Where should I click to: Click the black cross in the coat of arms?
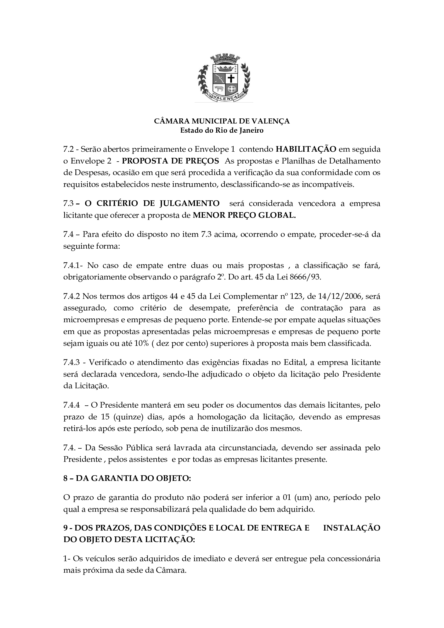pyautogui.click(x=231, y=79)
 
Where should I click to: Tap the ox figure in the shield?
pyautogui.click(x=219, y=89)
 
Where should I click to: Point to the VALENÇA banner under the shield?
pyautogui.click(x=224, y=97)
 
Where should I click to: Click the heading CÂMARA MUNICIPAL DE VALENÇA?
pyautogui.click(x=222, y=121)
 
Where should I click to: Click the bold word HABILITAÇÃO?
pyautogui.click(x=306, y=149)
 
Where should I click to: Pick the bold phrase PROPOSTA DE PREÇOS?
pyautogui.click(x=170, y=161)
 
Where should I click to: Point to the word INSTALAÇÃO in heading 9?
pyautogui.click(x=352, y=528)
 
